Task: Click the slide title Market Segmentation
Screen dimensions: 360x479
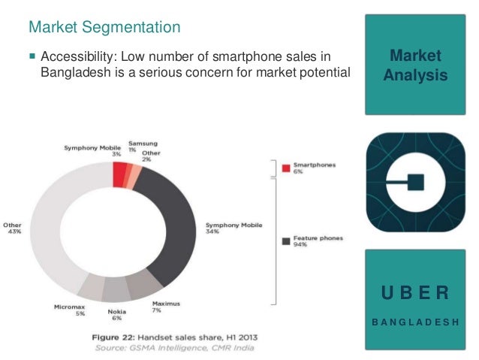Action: click(x=104, y=28)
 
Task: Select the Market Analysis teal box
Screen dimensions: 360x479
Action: click(x=415, y=65)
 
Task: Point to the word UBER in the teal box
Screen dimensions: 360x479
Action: click(x=415, y=292)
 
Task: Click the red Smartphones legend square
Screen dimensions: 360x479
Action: click(x=285, y=168)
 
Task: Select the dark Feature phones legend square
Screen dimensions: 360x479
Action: click(x=285, y=241)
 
